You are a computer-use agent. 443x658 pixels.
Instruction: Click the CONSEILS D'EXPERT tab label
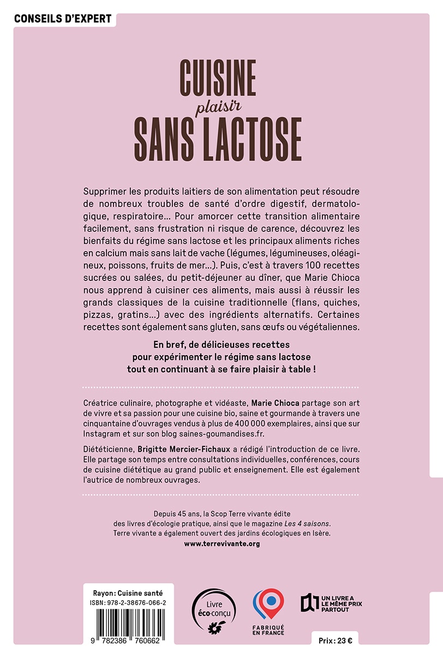point(62,19)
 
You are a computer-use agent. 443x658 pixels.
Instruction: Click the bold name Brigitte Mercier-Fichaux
point(182,448)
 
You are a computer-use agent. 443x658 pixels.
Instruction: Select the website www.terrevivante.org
point(221,543)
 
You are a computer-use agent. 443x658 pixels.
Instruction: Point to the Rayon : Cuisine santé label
point(128,592)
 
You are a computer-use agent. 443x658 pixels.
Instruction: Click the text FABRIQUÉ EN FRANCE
point(268,630)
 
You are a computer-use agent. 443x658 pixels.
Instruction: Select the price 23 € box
point(335,641)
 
